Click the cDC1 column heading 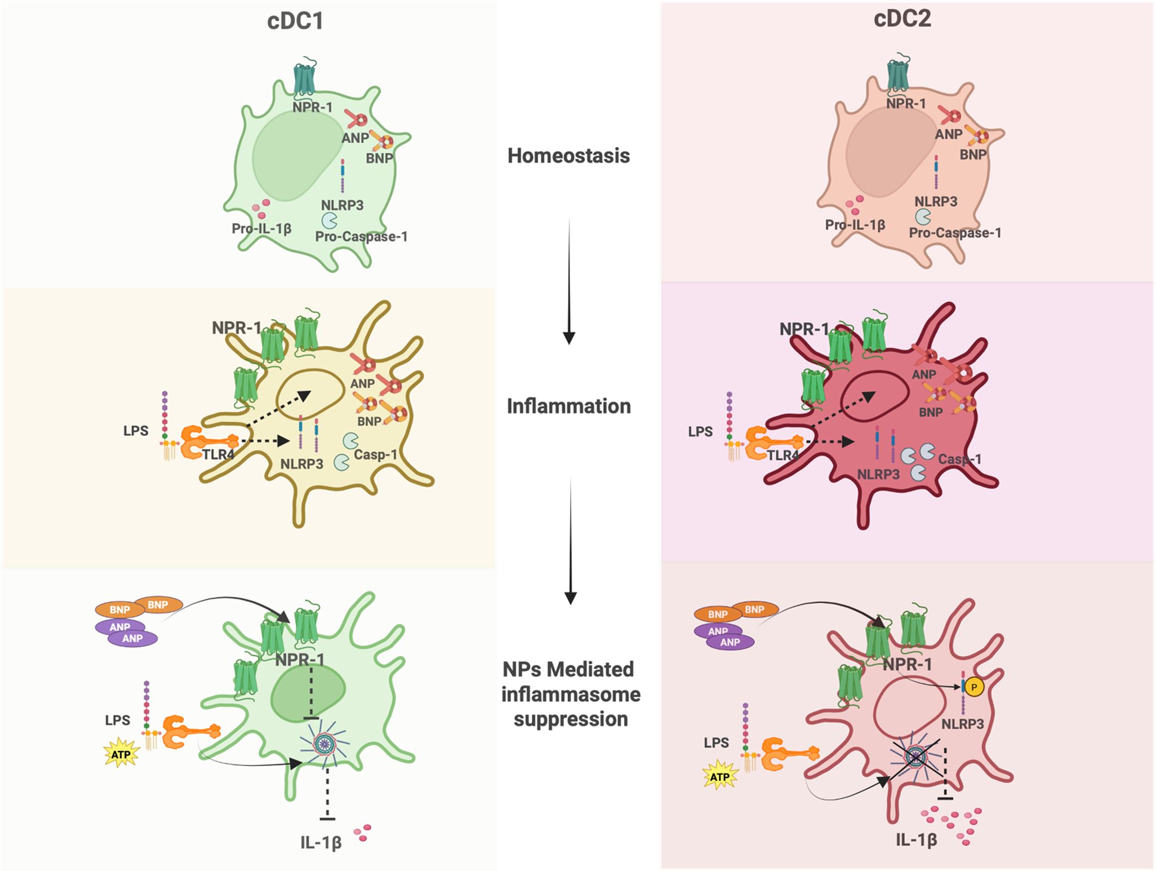[x=295, y=21]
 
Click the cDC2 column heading [x=902, y=19]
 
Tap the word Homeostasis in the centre [x=568, y=156]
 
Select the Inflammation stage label [x=568, y=406]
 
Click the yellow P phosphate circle [x=973, y=687]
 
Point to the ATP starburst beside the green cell [x=121, y=754]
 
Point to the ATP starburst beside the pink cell [x=720, y=776]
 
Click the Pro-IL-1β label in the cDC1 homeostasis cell [x=261, y=228]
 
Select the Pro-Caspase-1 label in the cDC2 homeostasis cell [x=955, y=233]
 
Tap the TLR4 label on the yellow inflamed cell [x=218, y=454]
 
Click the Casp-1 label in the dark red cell [x=959, y=459]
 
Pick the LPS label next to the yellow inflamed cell [x=136, y=431]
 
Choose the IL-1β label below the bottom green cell [x=321, y=842]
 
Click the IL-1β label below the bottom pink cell [x=917, y=840]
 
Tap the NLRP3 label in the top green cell [x=342, y=205]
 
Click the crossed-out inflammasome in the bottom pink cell [x=916, y=757]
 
